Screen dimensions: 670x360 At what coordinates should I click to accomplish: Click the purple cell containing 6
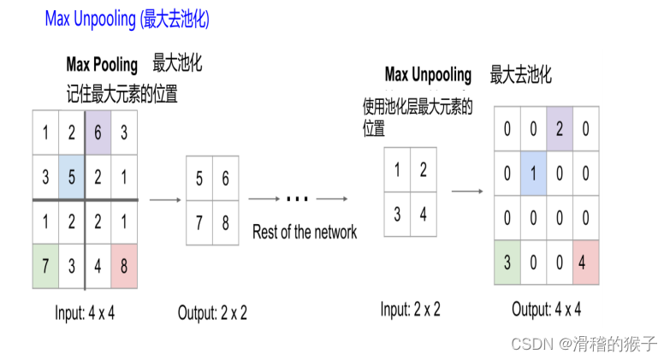tap(98, 133)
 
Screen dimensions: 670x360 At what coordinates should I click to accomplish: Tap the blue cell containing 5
tap(72, 176)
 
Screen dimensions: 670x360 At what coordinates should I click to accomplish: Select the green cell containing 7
tap(45, 265)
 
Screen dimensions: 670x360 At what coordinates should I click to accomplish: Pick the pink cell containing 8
tap(124, 265)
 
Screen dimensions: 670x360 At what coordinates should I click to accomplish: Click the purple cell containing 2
tap(560, 129)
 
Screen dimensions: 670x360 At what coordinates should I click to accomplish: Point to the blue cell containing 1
tap(534, 174)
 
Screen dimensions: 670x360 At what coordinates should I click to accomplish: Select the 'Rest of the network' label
tap(305, 232)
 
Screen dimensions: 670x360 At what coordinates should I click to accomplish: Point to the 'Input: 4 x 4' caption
tap(85, 313)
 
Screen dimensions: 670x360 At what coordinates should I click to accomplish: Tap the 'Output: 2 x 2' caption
tap(212, 313)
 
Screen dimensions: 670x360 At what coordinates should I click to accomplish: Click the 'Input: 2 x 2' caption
tap(410, 310)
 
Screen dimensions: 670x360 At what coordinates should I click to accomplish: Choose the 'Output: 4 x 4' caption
tap(547, 309)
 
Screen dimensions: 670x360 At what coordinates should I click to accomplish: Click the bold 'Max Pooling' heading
tap(102, 65)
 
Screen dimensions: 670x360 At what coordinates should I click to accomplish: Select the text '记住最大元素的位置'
tap(122, 94)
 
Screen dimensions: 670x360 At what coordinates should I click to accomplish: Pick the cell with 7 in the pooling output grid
tap(199, 222)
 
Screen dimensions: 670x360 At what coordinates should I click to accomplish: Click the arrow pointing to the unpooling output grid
tap(467, 192)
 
